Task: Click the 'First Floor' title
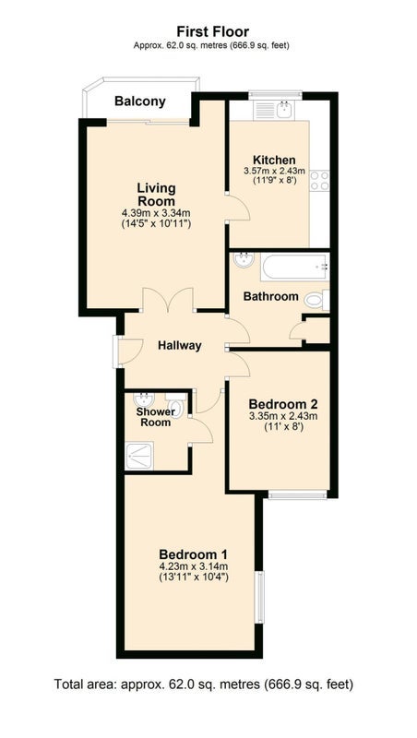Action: (x=213, y=31)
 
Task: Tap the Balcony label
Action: (x=140, y=101)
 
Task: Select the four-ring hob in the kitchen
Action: (x=319, y=181)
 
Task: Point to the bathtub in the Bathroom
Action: (x=295, y=267)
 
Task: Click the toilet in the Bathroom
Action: (x=316, y=301)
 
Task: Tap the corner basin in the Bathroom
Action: (x=243, y=259)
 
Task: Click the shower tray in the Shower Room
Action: (x=139, y=455)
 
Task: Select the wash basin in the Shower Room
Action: (x=144, y=399)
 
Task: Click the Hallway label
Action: (x=179, y=345)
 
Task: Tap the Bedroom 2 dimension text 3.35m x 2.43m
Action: (x=283, y=416)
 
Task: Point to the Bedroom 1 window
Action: (x=259, y=597)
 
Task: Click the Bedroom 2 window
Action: (x=297, y=494)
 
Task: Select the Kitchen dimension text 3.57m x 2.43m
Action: (x=274, y=171)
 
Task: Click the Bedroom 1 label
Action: (x=194, y=553)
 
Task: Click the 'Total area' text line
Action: (x=204, y=684)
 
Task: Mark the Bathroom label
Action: (x=270, y=296)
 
